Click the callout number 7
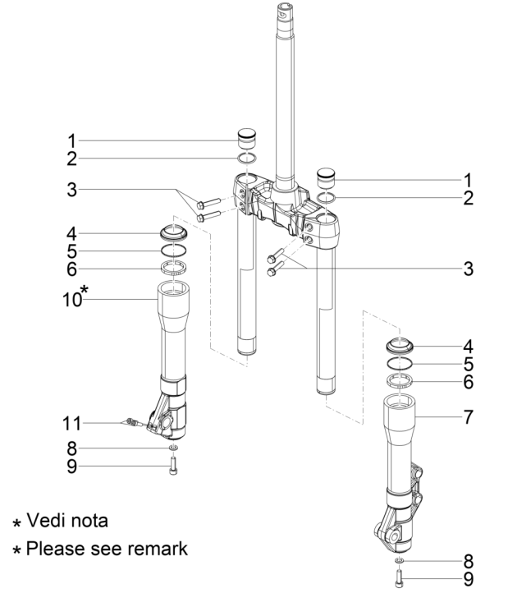(467, 417)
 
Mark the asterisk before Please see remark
(14, 549)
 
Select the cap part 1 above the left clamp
(249, 135)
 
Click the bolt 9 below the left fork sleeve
(173, 467)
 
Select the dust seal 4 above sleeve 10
(174, 230)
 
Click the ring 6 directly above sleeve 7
(400, 380)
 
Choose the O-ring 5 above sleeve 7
(400, 363)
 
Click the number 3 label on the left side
(73, 191)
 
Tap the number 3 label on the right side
(467, 269)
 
